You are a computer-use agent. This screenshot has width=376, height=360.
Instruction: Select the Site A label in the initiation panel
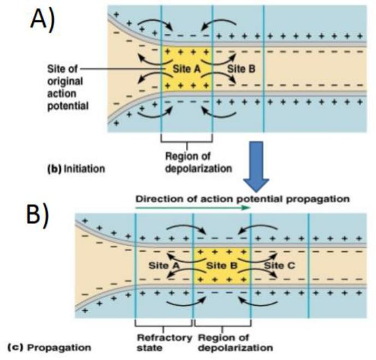[x=185, y=70]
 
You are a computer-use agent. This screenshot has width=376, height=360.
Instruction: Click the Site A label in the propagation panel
[x=163, y=265]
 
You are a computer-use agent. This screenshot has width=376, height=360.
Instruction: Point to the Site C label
[x=279, y=265]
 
